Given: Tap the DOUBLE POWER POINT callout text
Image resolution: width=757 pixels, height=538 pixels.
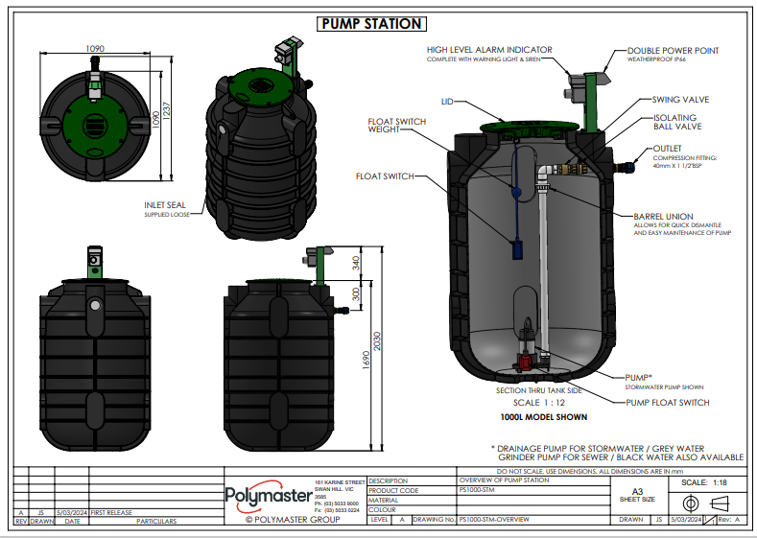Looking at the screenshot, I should pyautogui.click(x=673, y=50).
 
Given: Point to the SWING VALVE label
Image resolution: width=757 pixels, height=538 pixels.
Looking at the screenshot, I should pyautogui.click(x=679, y=99).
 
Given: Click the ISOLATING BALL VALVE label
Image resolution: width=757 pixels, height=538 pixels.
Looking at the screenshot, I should pyautogui.click(x=675, y=123).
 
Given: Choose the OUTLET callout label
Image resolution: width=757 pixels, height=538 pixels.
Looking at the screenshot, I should pyautogui.click(x=667, y=149).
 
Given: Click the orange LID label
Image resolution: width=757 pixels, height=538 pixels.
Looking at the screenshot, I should pyautogui.click(x=446, y=101).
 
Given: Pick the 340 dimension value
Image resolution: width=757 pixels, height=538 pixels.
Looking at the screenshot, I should pyautogui.click(x=356, y=262).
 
